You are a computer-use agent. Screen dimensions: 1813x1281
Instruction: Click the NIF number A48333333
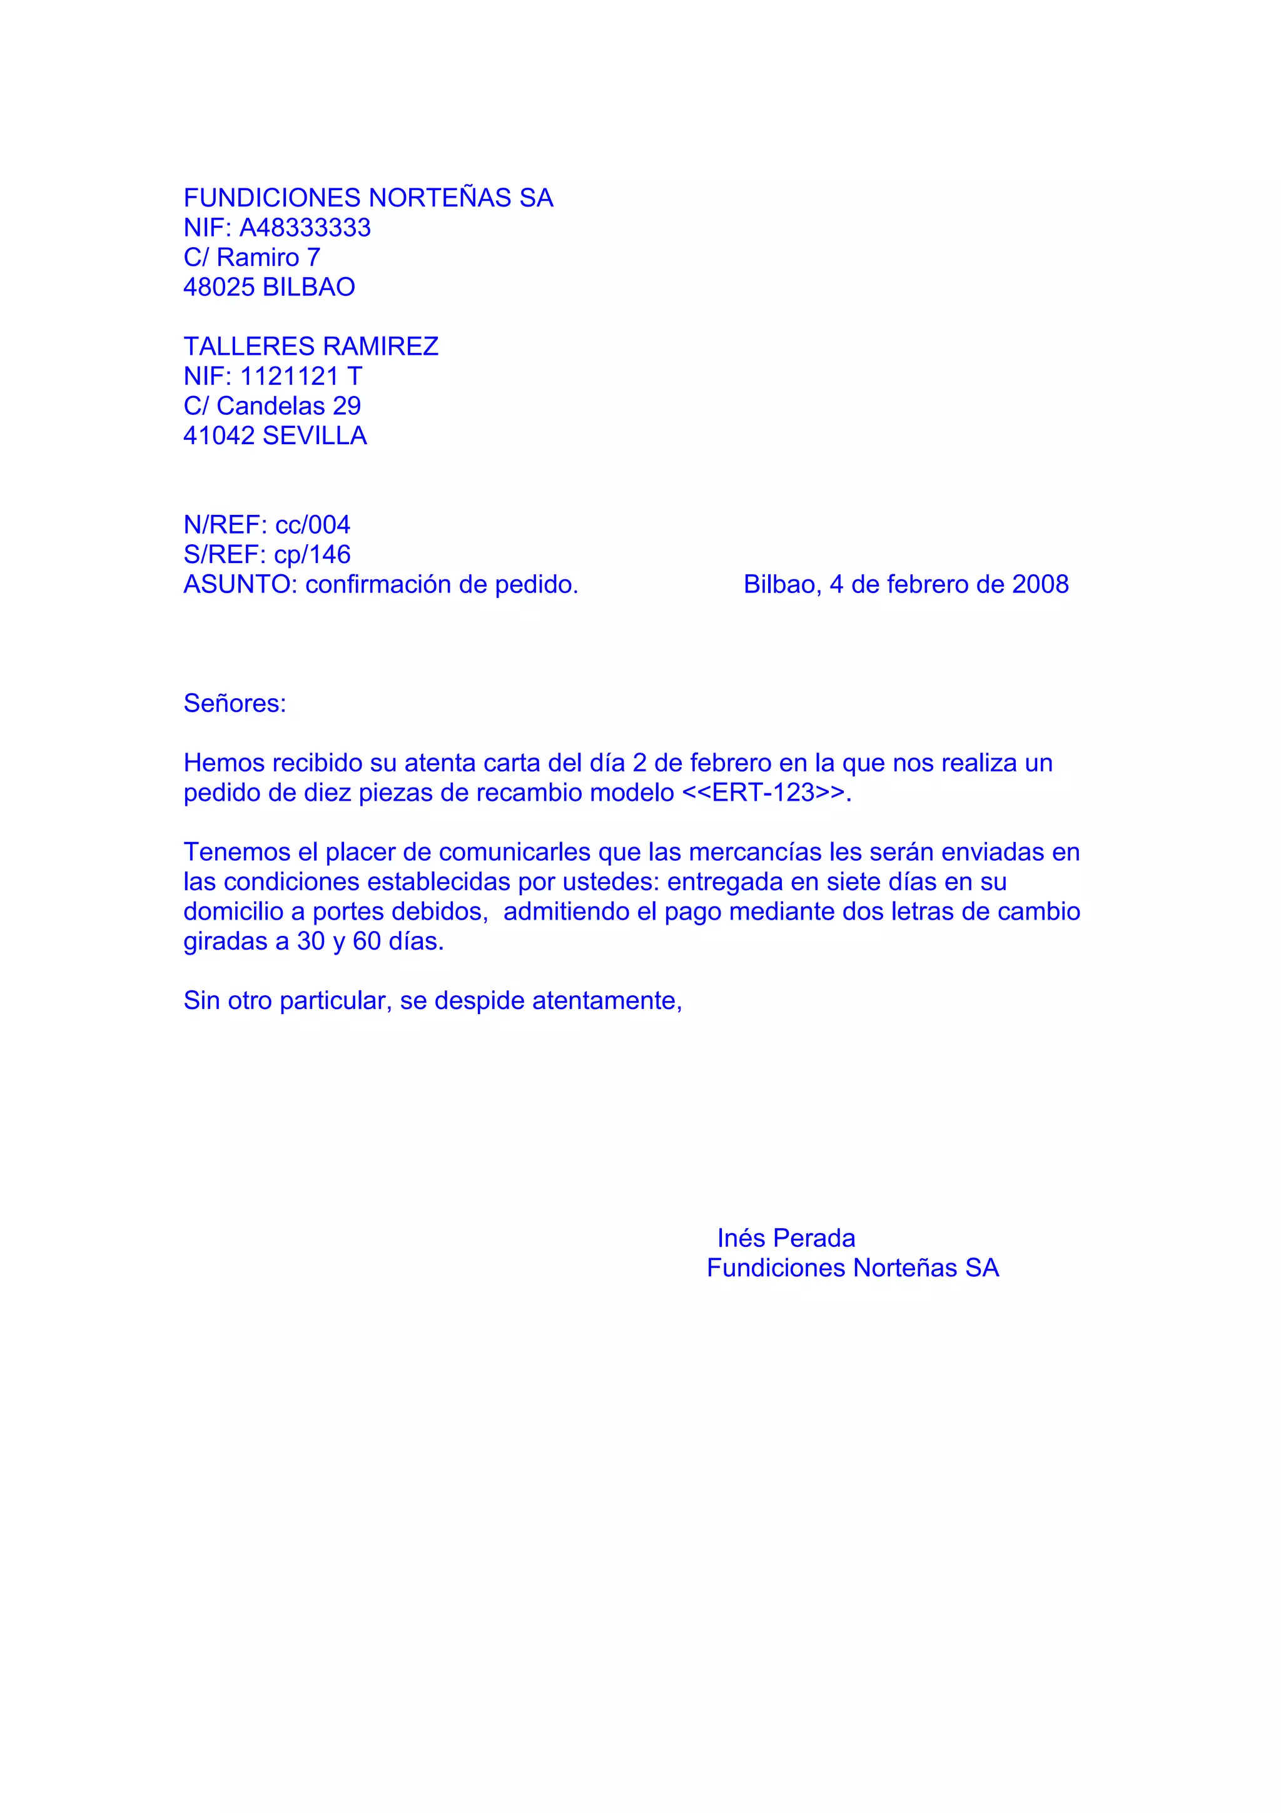(x=305, y=228)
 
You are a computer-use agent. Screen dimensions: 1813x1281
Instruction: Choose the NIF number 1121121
(x=289, y=376)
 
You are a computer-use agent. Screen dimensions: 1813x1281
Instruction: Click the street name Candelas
(x=271, y=406)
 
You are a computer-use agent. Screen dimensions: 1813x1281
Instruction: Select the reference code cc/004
(x=313, y=524)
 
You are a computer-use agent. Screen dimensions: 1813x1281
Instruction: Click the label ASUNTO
(x=237, y=584)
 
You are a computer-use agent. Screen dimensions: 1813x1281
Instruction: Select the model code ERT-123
(x=762, y=792)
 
